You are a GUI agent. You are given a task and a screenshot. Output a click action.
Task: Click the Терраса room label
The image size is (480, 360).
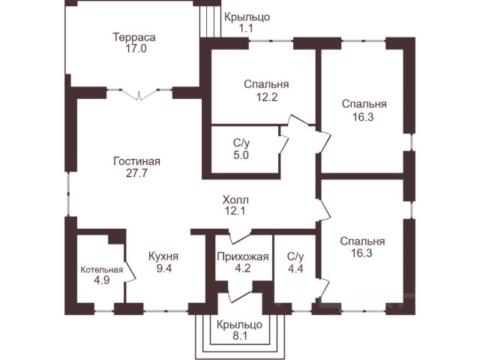(134, 37)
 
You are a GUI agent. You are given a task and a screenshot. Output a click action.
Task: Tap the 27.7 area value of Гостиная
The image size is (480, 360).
(136, 173)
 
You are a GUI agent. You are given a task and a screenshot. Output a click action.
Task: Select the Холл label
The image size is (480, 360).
(235, 200)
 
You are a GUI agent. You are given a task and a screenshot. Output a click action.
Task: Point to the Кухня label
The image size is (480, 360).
(163, 256)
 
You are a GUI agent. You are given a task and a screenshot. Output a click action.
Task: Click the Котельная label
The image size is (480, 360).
(102, 270)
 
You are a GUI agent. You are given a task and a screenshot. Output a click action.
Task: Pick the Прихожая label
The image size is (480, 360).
(243, 256)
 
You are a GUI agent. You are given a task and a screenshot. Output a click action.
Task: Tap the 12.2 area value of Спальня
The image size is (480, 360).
(267, 97)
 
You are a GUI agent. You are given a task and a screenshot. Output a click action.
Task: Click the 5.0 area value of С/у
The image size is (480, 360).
(241, 155)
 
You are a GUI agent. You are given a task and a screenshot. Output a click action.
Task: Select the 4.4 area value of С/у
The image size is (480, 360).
(295, 268)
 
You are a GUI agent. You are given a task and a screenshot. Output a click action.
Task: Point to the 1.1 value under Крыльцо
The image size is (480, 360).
(246, 28)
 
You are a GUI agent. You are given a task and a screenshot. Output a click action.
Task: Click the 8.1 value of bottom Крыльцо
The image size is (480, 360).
(240, 336)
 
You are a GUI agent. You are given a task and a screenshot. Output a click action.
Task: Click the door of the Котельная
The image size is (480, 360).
(130, 271)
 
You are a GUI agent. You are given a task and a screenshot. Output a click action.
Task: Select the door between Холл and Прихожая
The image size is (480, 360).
(240, 236)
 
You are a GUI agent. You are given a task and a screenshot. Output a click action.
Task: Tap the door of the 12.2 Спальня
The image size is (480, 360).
(298, 120)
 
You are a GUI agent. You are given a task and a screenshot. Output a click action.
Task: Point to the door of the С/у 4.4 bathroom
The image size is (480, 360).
(323, 288)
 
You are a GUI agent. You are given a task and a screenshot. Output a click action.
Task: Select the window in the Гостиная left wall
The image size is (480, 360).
(68, 193)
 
